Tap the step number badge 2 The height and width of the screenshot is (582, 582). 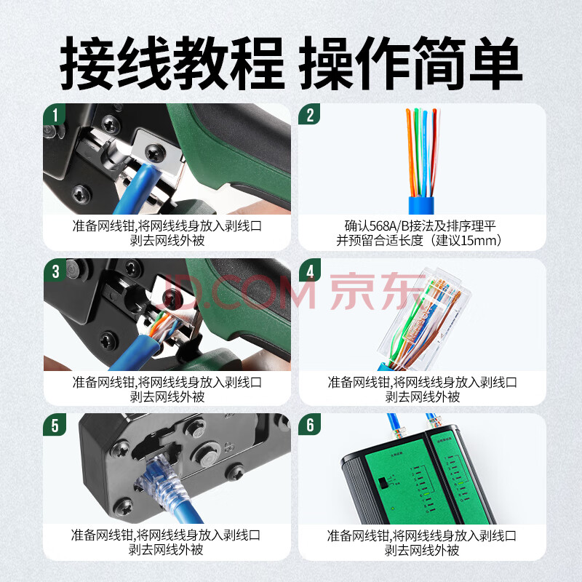tap(309, 114)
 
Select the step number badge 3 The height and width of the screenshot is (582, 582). tap(55, 271)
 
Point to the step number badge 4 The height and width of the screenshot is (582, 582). tap(310, 271)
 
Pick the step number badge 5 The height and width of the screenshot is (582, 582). tap(55, 425)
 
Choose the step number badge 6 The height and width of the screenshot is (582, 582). tap(310, 425)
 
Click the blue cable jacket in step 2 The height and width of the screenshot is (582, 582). tap(421, 205)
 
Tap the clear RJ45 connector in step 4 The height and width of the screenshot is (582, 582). tap(424, 319)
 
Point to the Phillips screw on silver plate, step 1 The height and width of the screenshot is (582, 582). tap(155, 153)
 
